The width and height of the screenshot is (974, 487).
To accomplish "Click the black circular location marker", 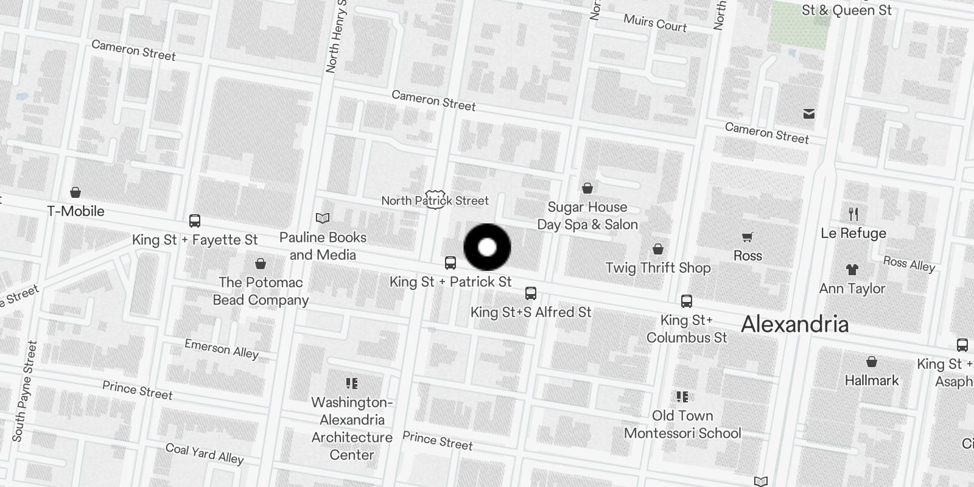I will click(x=487, y=247).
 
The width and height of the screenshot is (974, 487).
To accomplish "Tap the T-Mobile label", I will click(x=76, y=211).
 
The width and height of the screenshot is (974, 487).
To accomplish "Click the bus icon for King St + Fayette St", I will click(x=195, y=221).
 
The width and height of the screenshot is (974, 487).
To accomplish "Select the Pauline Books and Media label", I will click(x=323, y=246).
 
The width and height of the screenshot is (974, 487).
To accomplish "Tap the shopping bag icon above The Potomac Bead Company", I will click(x=261, y=264).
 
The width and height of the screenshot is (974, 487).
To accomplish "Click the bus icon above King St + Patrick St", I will click(x=450, y=263).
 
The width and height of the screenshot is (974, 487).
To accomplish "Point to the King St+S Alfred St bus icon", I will click(x=531, y=293).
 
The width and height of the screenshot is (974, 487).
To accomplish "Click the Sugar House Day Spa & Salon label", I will click(x=587, y=215).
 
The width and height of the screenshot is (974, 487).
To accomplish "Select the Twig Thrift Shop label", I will click(x=658, y=268).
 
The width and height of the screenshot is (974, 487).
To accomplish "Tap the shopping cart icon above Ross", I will click(x=748, y=237).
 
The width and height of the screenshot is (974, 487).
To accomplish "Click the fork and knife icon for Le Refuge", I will click(x=853, y=214).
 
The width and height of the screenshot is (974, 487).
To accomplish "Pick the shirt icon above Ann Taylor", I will click(x=852, y=270).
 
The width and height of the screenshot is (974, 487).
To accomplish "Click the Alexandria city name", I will click(x=794, y=324).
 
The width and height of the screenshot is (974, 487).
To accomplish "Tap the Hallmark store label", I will click(x=872, y=380).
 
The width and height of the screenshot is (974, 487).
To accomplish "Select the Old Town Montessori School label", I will click(x=682, y=424).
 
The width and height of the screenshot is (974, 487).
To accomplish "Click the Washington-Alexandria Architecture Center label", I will click(x=352, y=429).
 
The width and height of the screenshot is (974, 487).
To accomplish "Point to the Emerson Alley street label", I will click(x=222, y=349).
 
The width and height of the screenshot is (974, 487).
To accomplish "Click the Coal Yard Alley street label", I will click(x=205, y=453).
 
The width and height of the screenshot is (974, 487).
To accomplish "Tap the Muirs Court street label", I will click(x=655, y=23).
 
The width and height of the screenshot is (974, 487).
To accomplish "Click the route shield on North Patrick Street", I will click(x=434, y=201).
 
